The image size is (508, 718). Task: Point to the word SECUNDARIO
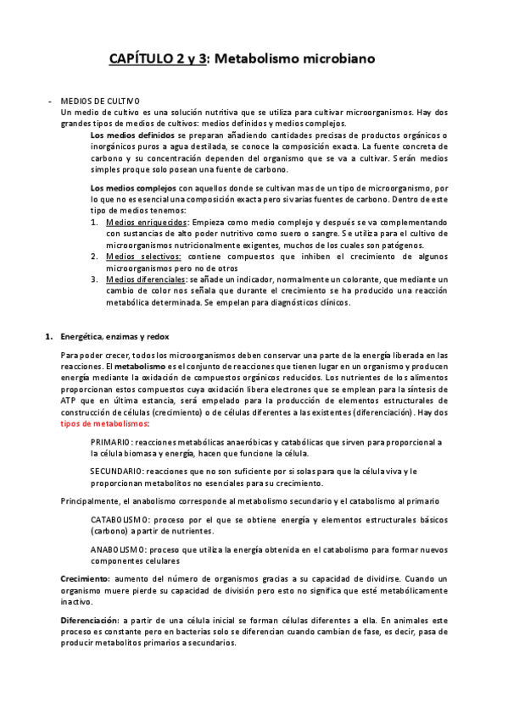[x=115, y=471]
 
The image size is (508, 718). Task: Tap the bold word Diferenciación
[x=90, y=621]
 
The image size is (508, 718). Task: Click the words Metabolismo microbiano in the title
[x=291, y=58]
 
